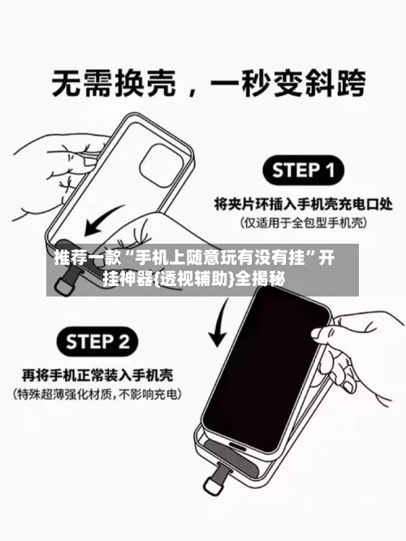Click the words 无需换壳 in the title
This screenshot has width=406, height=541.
[109, 84]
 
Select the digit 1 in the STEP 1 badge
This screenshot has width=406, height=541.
[328, 171]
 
